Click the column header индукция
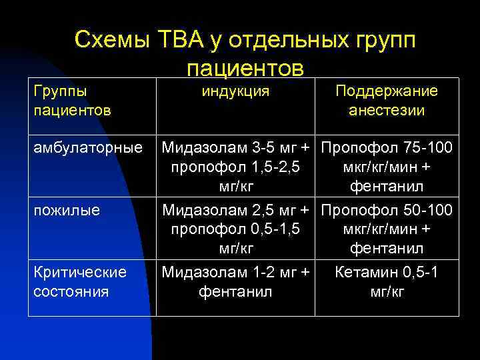pos(235,91)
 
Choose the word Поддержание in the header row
pos(387,91)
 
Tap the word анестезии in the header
pos(387,110)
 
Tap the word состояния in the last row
pos(71,291)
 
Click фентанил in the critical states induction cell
pos(235,291)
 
